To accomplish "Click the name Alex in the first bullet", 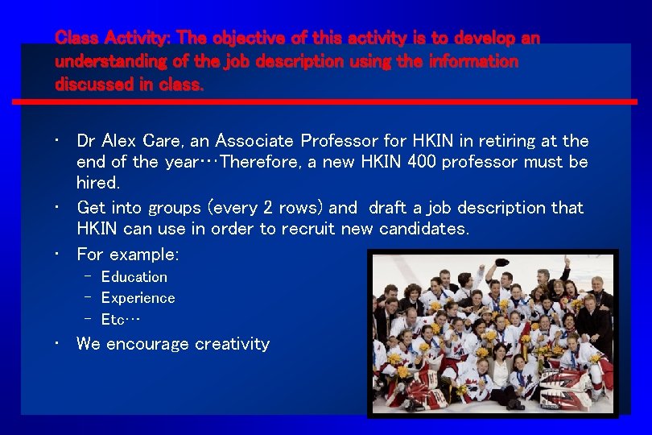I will coord(121,141).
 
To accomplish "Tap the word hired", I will coord(97,183).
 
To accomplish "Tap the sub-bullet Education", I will coord(134,277).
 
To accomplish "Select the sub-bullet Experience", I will coord(138,298).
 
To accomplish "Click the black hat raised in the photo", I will coord(501,263).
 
